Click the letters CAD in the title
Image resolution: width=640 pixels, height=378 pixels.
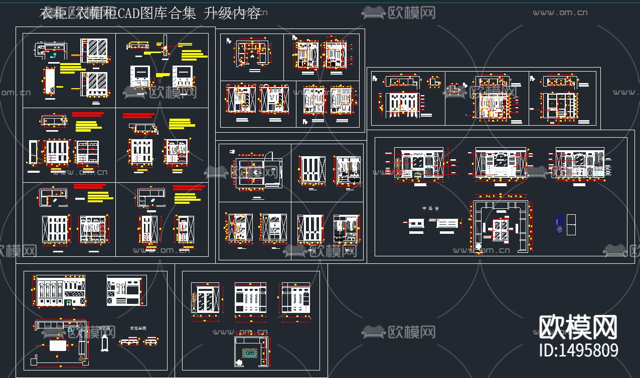coord(128,14)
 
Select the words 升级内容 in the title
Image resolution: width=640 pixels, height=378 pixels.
coord(233,14)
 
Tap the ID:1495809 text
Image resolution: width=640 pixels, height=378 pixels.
coord(578,350)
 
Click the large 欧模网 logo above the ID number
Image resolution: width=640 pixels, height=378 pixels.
coord(578,327)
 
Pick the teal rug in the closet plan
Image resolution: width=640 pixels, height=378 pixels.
coord(250,353)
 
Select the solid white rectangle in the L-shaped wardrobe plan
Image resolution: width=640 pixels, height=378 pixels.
coord(60,346)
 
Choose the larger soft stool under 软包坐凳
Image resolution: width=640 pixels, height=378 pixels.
coord(129,341)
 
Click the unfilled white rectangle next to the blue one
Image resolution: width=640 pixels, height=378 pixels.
coord(571,224)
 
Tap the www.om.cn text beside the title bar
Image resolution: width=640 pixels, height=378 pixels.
coord(560,12)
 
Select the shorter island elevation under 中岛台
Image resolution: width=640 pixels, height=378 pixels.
coord(416,224)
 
